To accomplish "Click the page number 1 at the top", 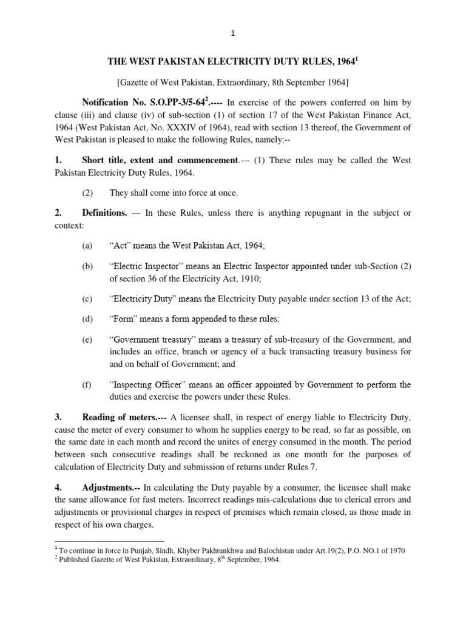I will click(233, 34).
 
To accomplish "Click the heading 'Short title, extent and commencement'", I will click(159, 161).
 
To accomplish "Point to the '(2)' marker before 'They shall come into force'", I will click(89, 193).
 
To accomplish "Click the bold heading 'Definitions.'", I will click(104, 213).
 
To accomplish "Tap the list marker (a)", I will click(89, 245).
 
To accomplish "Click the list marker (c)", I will click(89, 299).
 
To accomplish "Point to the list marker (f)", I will click(88, 385).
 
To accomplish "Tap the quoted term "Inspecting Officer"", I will click(149, 385).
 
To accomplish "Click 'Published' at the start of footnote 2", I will click(76, 560).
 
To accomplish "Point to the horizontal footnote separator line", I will click(109, 541).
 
